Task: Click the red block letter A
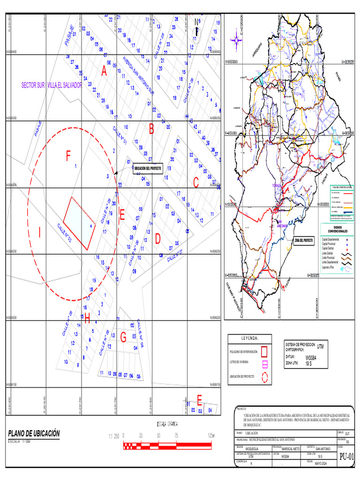(104, 71)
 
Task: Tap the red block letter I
(40, 232)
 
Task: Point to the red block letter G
(123, 337)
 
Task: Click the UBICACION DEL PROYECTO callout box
(148, 169)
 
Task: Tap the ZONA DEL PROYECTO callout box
(303, 240)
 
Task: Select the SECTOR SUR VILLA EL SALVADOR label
(52, 86)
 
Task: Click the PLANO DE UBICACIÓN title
(34, 434)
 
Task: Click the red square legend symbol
(264, 351)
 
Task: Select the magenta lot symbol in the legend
(264, 363)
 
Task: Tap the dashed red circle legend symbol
(264, 376)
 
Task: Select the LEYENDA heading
(250, 338)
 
